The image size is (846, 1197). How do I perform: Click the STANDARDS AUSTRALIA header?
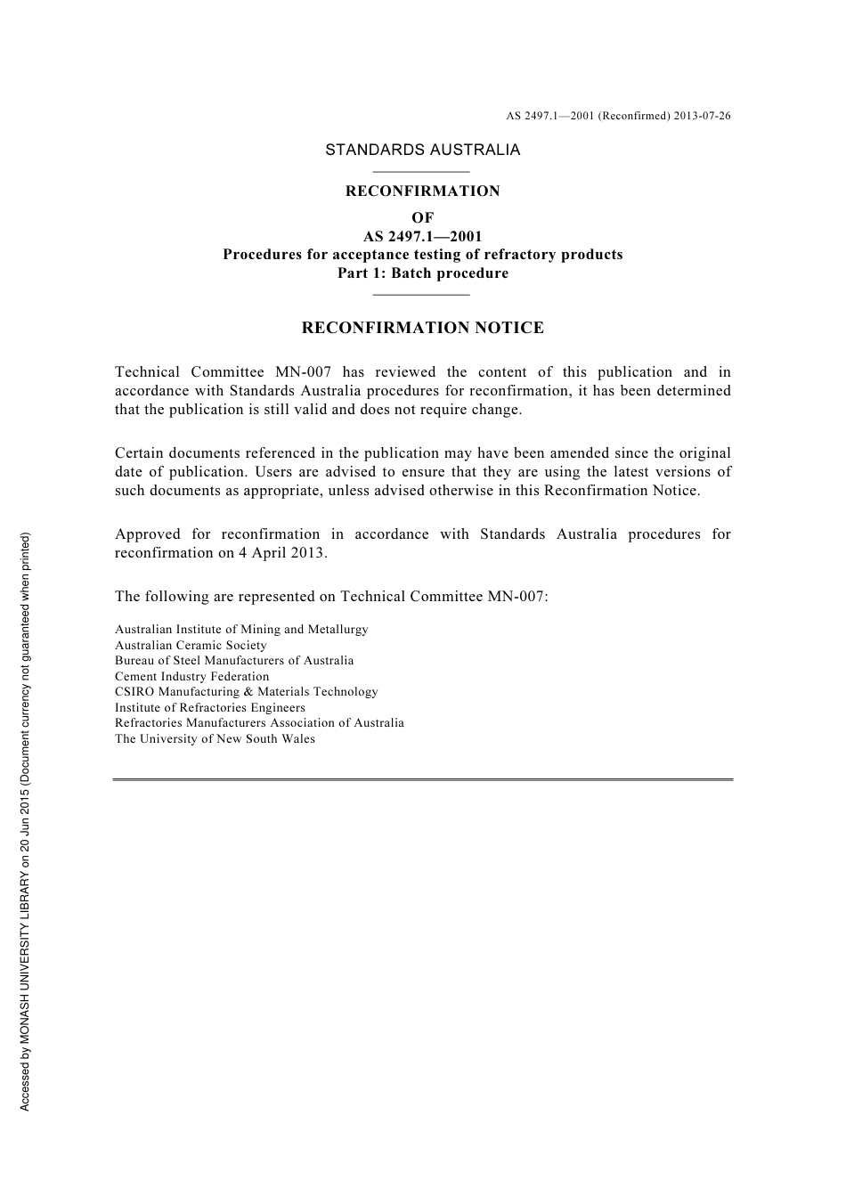tap(422, 151)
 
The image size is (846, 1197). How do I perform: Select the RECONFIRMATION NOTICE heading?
tap(422, 328)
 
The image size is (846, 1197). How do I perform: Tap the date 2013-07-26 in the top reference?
tap(702, 116)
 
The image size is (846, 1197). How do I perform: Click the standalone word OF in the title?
tap(422, 217)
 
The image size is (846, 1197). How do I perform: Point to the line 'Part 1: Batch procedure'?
tap(422, 273)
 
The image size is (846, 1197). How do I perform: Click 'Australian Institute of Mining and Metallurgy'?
tap(241, 630)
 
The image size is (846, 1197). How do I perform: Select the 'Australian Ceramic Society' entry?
tap(191, 646)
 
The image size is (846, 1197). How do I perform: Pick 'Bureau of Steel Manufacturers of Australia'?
tap(234, 661)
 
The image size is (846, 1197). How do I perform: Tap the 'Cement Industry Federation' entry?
tap(191, 677)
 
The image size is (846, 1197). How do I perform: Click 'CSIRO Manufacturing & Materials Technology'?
tap(246, 692)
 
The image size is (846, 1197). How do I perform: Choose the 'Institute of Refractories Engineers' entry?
tap(210, 708)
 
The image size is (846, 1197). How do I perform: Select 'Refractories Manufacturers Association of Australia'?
tap(259, 723)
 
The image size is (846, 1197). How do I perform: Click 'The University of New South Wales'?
tap(215, 739)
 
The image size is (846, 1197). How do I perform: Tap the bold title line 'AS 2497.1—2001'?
tap(422, 237)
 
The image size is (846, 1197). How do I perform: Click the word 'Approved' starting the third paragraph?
tap(147, 534)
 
